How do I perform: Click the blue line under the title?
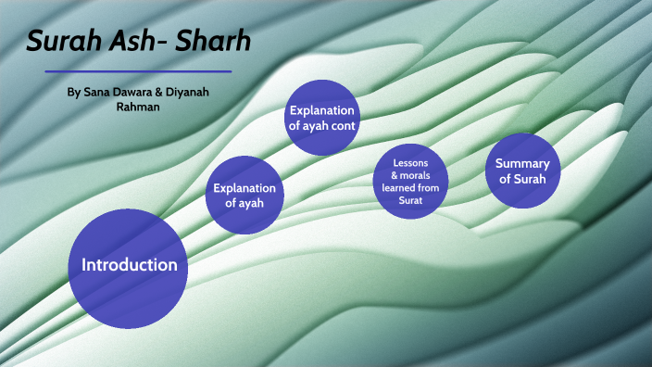click(138, 71)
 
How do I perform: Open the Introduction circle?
click(129, 265)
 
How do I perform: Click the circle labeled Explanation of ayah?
click(244, 196)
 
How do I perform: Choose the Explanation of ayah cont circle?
click(322, 118)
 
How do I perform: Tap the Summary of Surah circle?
click(523, 171)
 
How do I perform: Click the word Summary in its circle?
click(523, 163)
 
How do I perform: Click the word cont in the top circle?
click(345, 125)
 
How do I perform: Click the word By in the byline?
click(74, 94)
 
